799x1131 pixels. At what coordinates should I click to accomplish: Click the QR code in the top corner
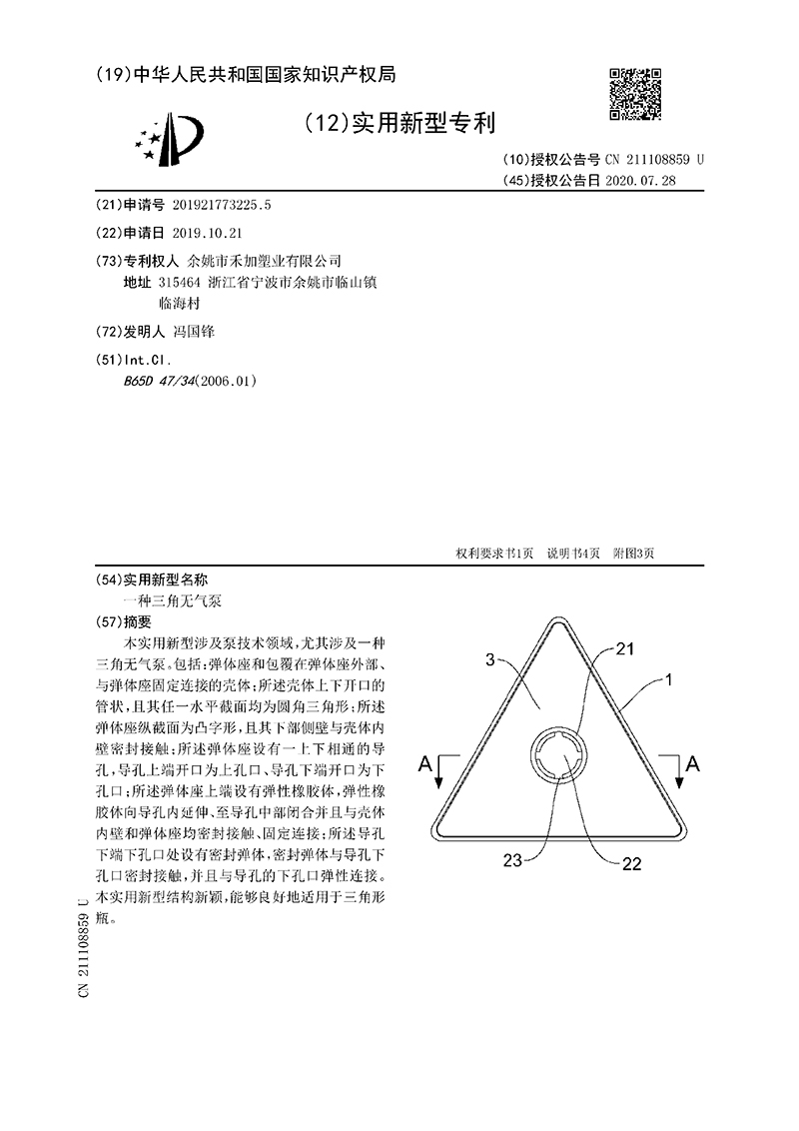click(x=636, y=96)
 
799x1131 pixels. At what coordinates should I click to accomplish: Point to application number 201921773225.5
click(x=222, y=205)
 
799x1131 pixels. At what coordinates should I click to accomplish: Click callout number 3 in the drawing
click(x=489, y=659)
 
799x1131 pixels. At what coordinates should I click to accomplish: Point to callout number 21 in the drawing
click(x=624, y=649)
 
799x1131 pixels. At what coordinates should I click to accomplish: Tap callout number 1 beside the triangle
click(x=667, y=681)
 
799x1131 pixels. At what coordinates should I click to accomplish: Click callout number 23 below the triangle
click(x=512, y=861)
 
